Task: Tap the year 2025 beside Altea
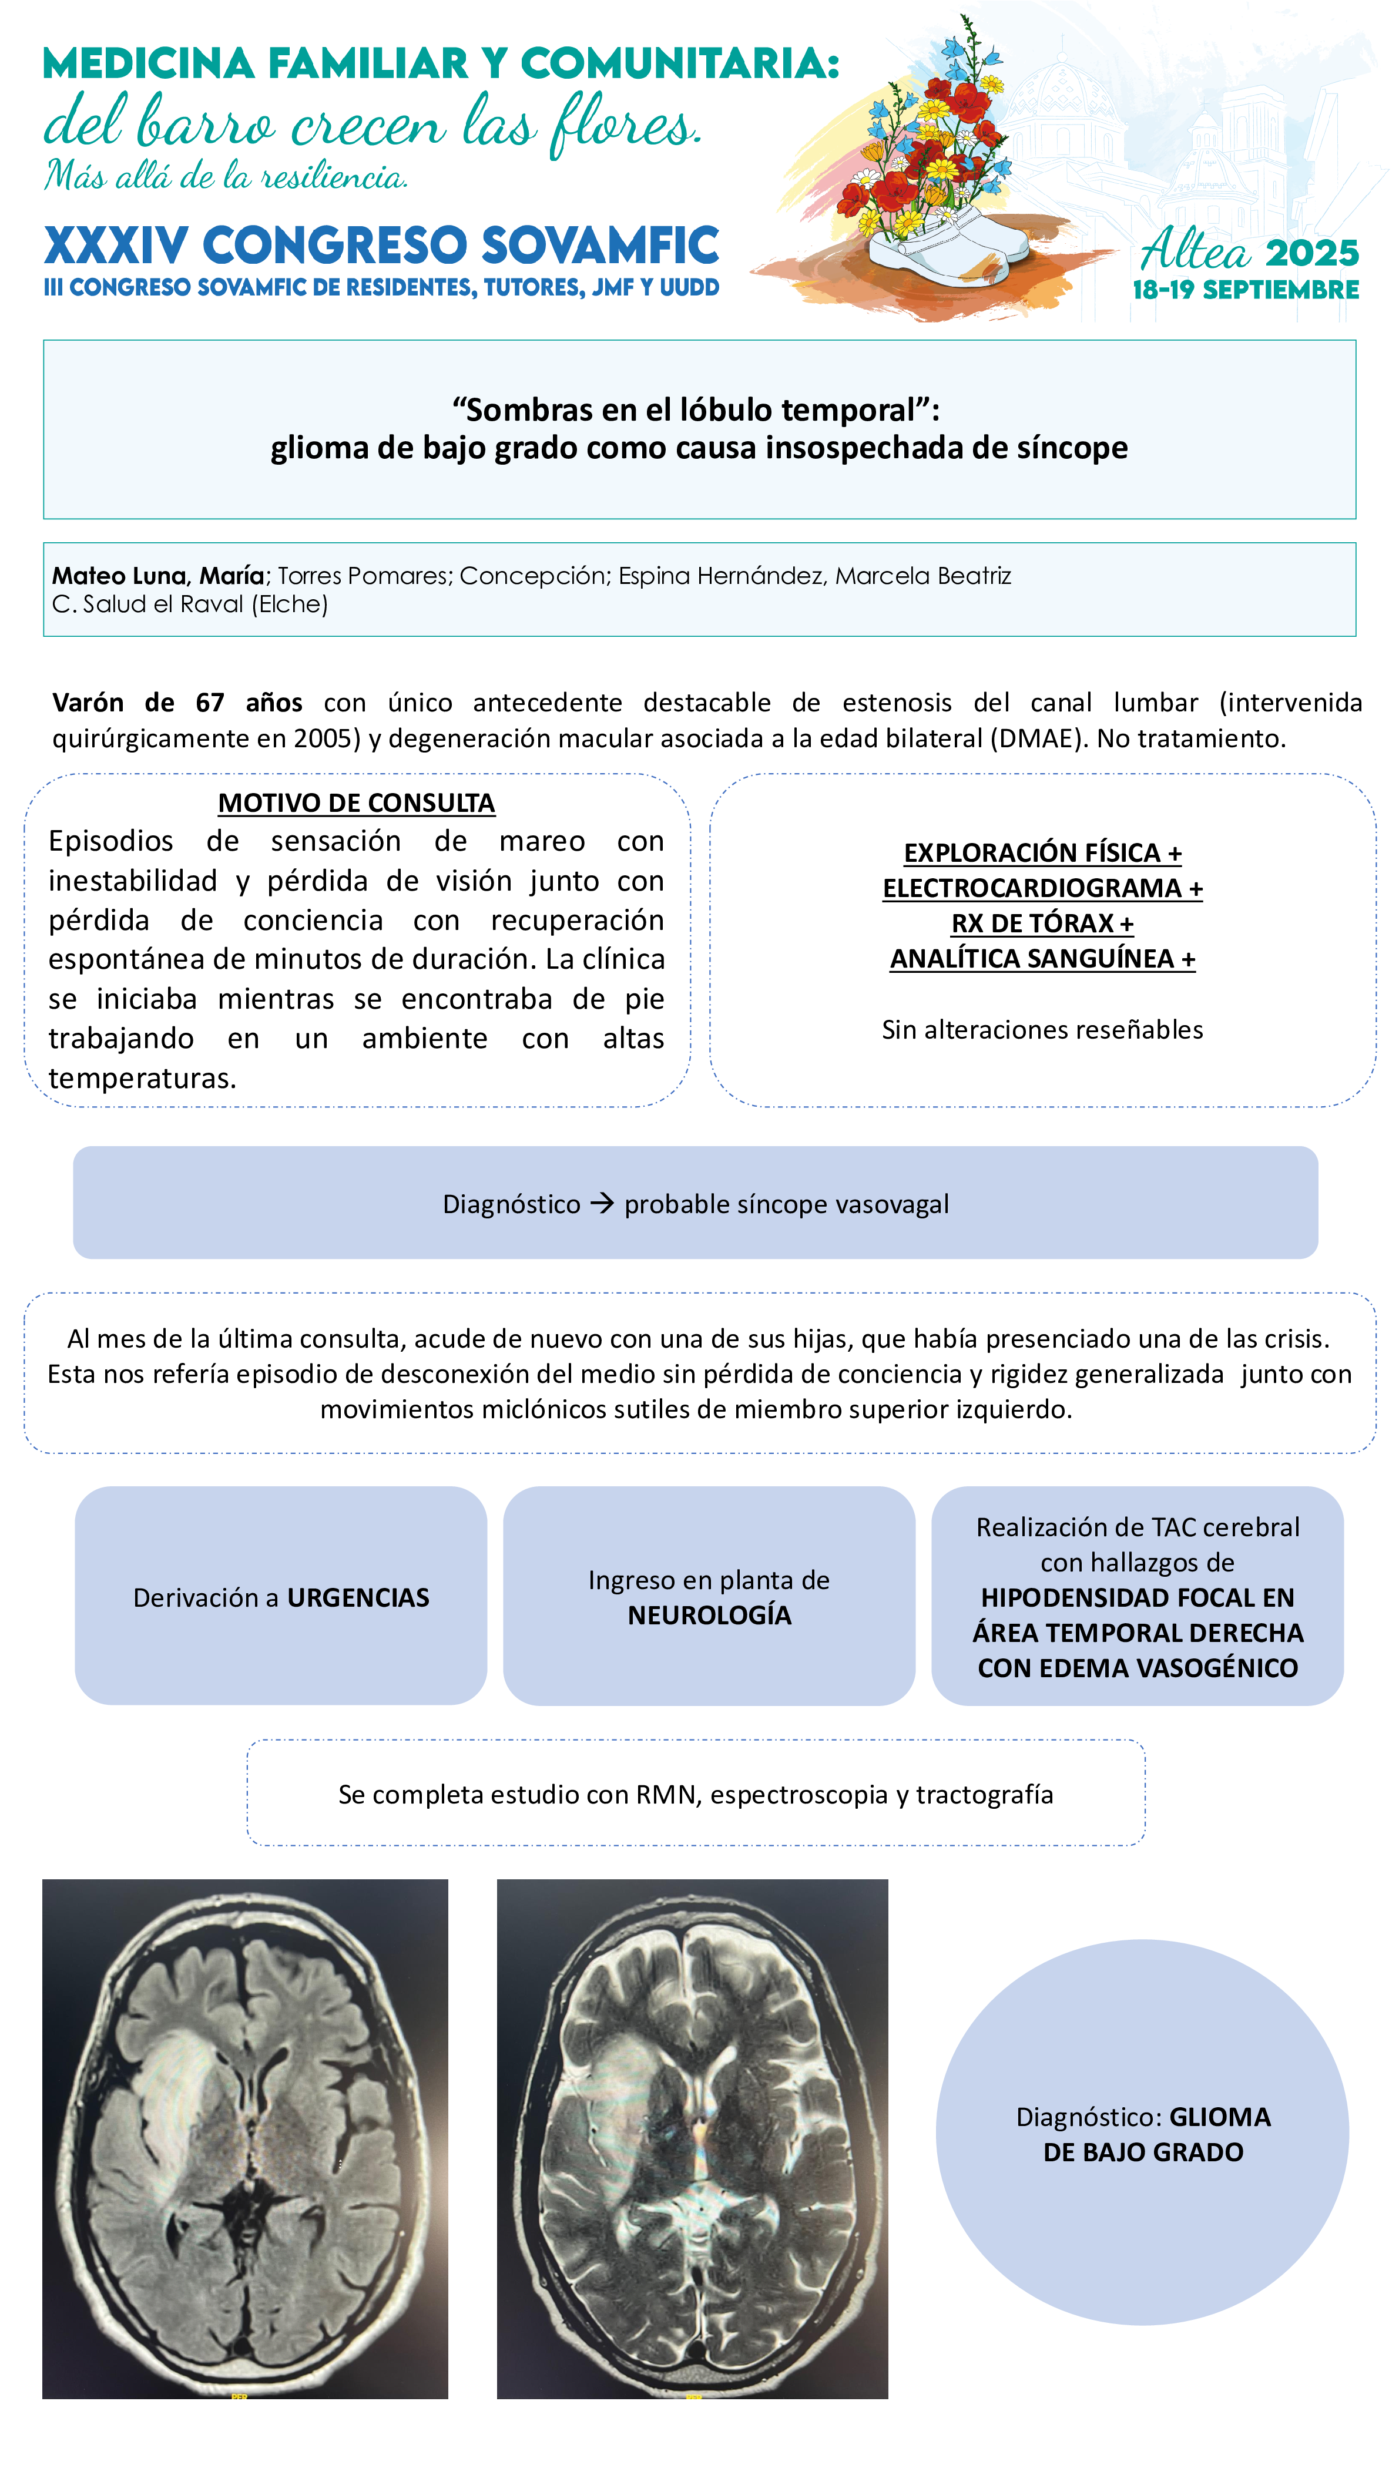click(x=1311, y=254)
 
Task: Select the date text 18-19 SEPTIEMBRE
click(x=1245, y=290)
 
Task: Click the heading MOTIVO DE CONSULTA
click(x=357, y=803)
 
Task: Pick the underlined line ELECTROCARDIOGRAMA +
click(x=1042, y=889)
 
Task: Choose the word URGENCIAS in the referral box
click(x=358, y=1597)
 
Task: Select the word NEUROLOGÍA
click(x=709, y=1616)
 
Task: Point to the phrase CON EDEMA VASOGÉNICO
click(x=1138, y=1668)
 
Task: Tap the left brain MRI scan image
click(x=245, y=2138)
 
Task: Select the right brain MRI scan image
click(x=692, y=2138)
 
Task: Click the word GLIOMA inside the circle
click(x=1219, y=2117)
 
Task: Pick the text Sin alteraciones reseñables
click(x=1042, y=1030)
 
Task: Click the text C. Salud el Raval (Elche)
click(x=190, y=605)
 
